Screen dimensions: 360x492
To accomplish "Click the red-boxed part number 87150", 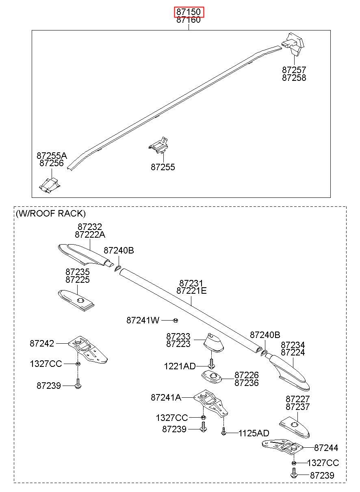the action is coord(189,12).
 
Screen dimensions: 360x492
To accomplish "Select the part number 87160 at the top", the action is coord(189,20).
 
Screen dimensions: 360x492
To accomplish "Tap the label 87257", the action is coord(294,70).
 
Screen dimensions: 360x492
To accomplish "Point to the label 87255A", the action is coord(52,156).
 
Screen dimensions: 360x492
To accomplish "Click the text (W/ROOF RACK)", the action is coord(51,213).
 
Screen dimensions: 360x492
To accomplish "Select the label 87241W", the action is coord(143,321).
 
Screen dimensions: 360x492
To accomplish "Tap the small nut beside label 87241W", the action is coord(176,321).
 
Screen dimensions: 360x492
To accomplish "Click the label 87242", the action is coord(42,343).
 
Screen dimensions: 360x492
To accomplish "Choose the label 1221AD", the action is coord(180,366).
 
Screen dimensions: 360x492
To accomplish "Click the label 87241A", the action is coord(166,397).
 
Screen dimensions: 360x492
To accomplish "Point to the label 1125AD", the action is coord(254,433).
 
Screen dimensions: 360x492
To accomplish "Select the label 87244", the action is coord(326,448).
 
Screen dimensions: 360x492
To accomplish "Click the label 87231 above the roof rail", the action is coord(191,283).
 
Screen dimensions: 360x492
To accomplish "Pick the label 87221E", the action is coord(191,290).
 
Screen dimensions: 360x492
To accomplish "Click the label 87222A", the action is coord(90,235).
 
